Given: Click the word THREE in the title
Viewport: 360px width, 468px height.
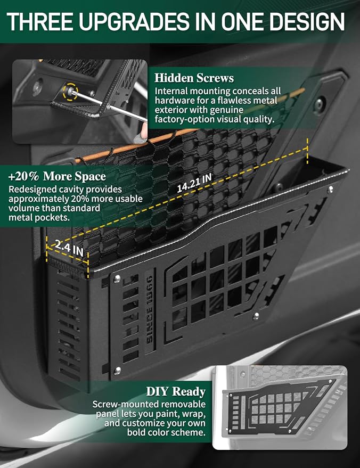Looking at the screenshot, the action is click(x=39, y=21).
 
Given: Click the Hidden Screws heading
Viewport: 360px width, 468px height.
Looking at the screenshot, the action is click(x=194, y=78).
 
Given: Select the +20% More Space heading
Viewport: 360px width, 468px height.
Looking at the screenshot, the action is click(x=57, y=176).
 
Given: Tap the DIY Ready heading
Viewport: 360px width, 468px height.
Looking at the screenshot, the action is click(x=176, y=391).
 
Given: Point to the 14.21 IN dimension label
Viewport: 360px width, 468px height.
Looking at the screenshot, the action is click(x=194, y=183).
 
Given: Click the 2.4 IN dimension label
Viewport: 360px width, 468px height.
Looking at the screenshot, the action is click(x=69, y=248).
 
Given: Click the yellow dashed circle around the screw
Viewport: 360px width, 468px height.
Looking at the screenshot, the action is click(x=71, y=92).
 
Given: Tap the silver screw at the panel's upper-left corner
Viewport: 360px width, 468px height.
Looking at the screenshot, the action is click(x=117, y=279).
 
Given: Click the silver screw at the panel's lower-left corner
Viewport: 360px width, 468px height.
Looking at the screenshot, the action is click(x=118, y=371).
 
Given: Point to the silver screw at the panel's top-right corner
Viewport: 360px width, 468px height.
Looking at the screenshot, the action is click(x=330, y=189).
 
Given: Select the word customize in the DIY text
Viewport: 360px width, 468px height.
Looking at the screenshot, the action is click(x=144, y=423).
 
